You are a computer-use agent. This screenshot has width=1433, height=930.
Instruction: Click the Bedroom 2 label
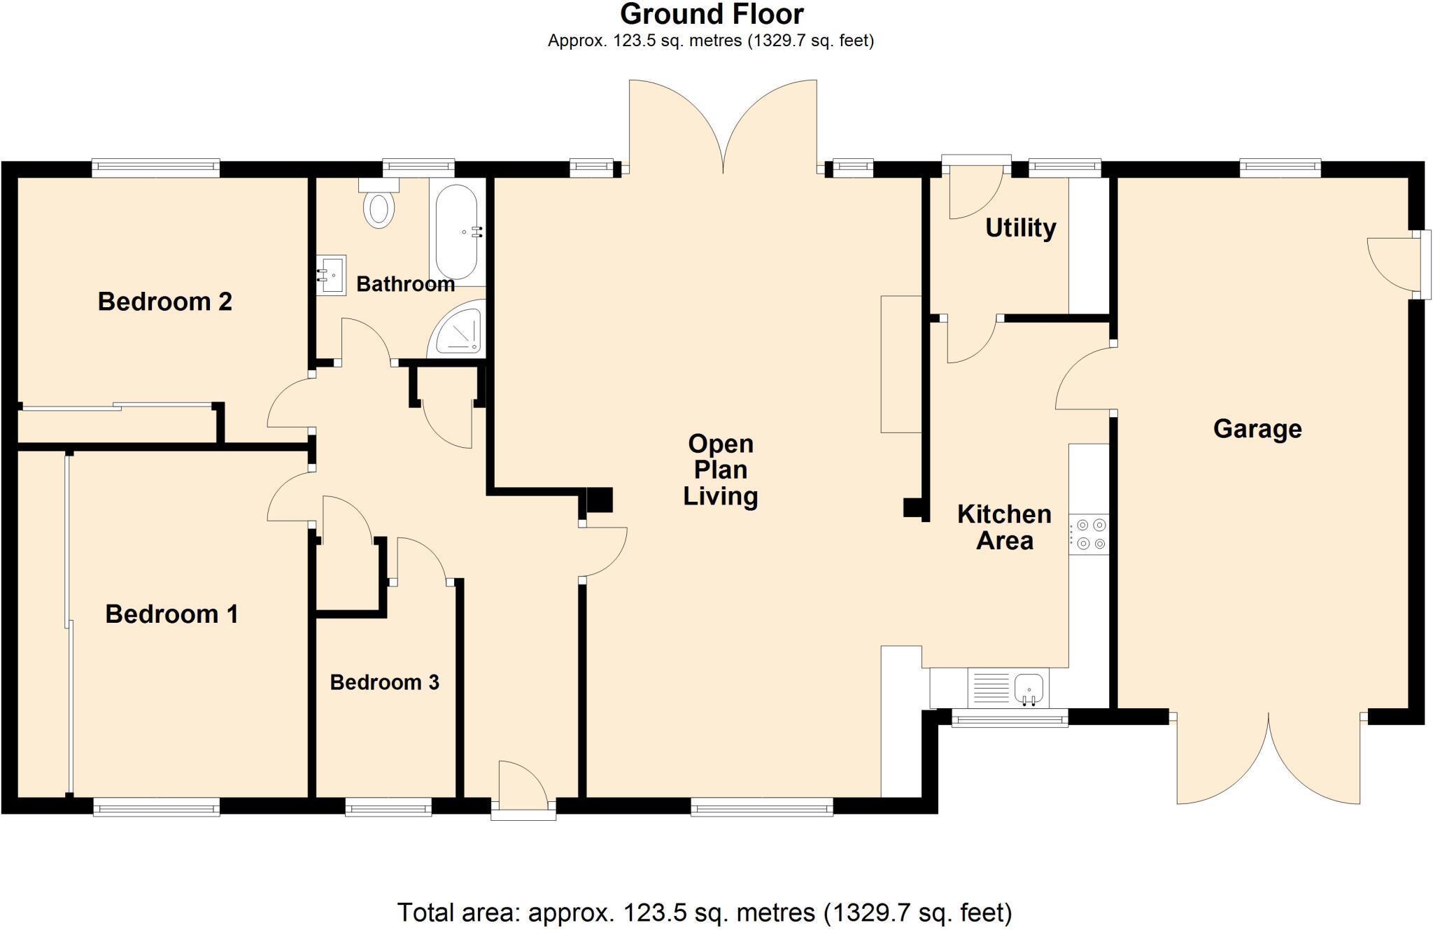[x=164, y=302]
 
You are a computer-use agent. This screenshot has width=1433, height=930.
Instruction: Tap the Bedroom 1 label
[x=171, y=614]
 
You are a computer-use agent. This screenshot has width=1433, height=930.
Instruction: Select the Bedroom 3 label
[x=384, y=682]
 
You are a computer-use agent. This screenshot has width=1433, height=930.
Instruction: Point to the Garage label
[x=1257, y=428]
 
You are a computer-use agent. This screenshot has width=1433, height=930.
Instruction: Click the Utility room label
[x=1020, y=227]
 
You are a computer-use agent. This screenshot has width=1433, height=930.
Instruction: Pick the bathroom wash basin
[x=331, y=274]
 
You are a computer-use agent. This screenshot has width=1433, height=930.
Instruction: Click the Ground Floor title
[x=712, y=14]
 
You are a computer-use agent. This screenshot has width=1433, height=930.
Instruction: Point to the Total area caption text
[x=705, y=913]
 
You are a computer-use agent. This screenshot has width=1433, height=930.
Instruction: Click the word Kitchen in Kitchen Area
[x=1004, y=514]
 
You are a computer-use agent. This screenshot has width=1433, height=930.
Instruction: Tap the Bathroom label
[x=405, y=283]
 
